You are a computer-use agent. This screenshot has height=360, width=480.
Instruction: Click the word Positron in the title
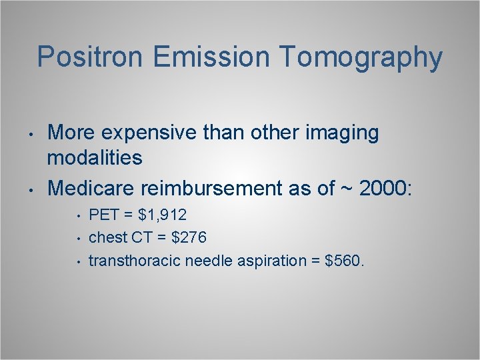point(91,57)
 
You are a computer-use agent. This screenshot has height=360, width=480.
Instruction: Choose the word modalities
point(95,158)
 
